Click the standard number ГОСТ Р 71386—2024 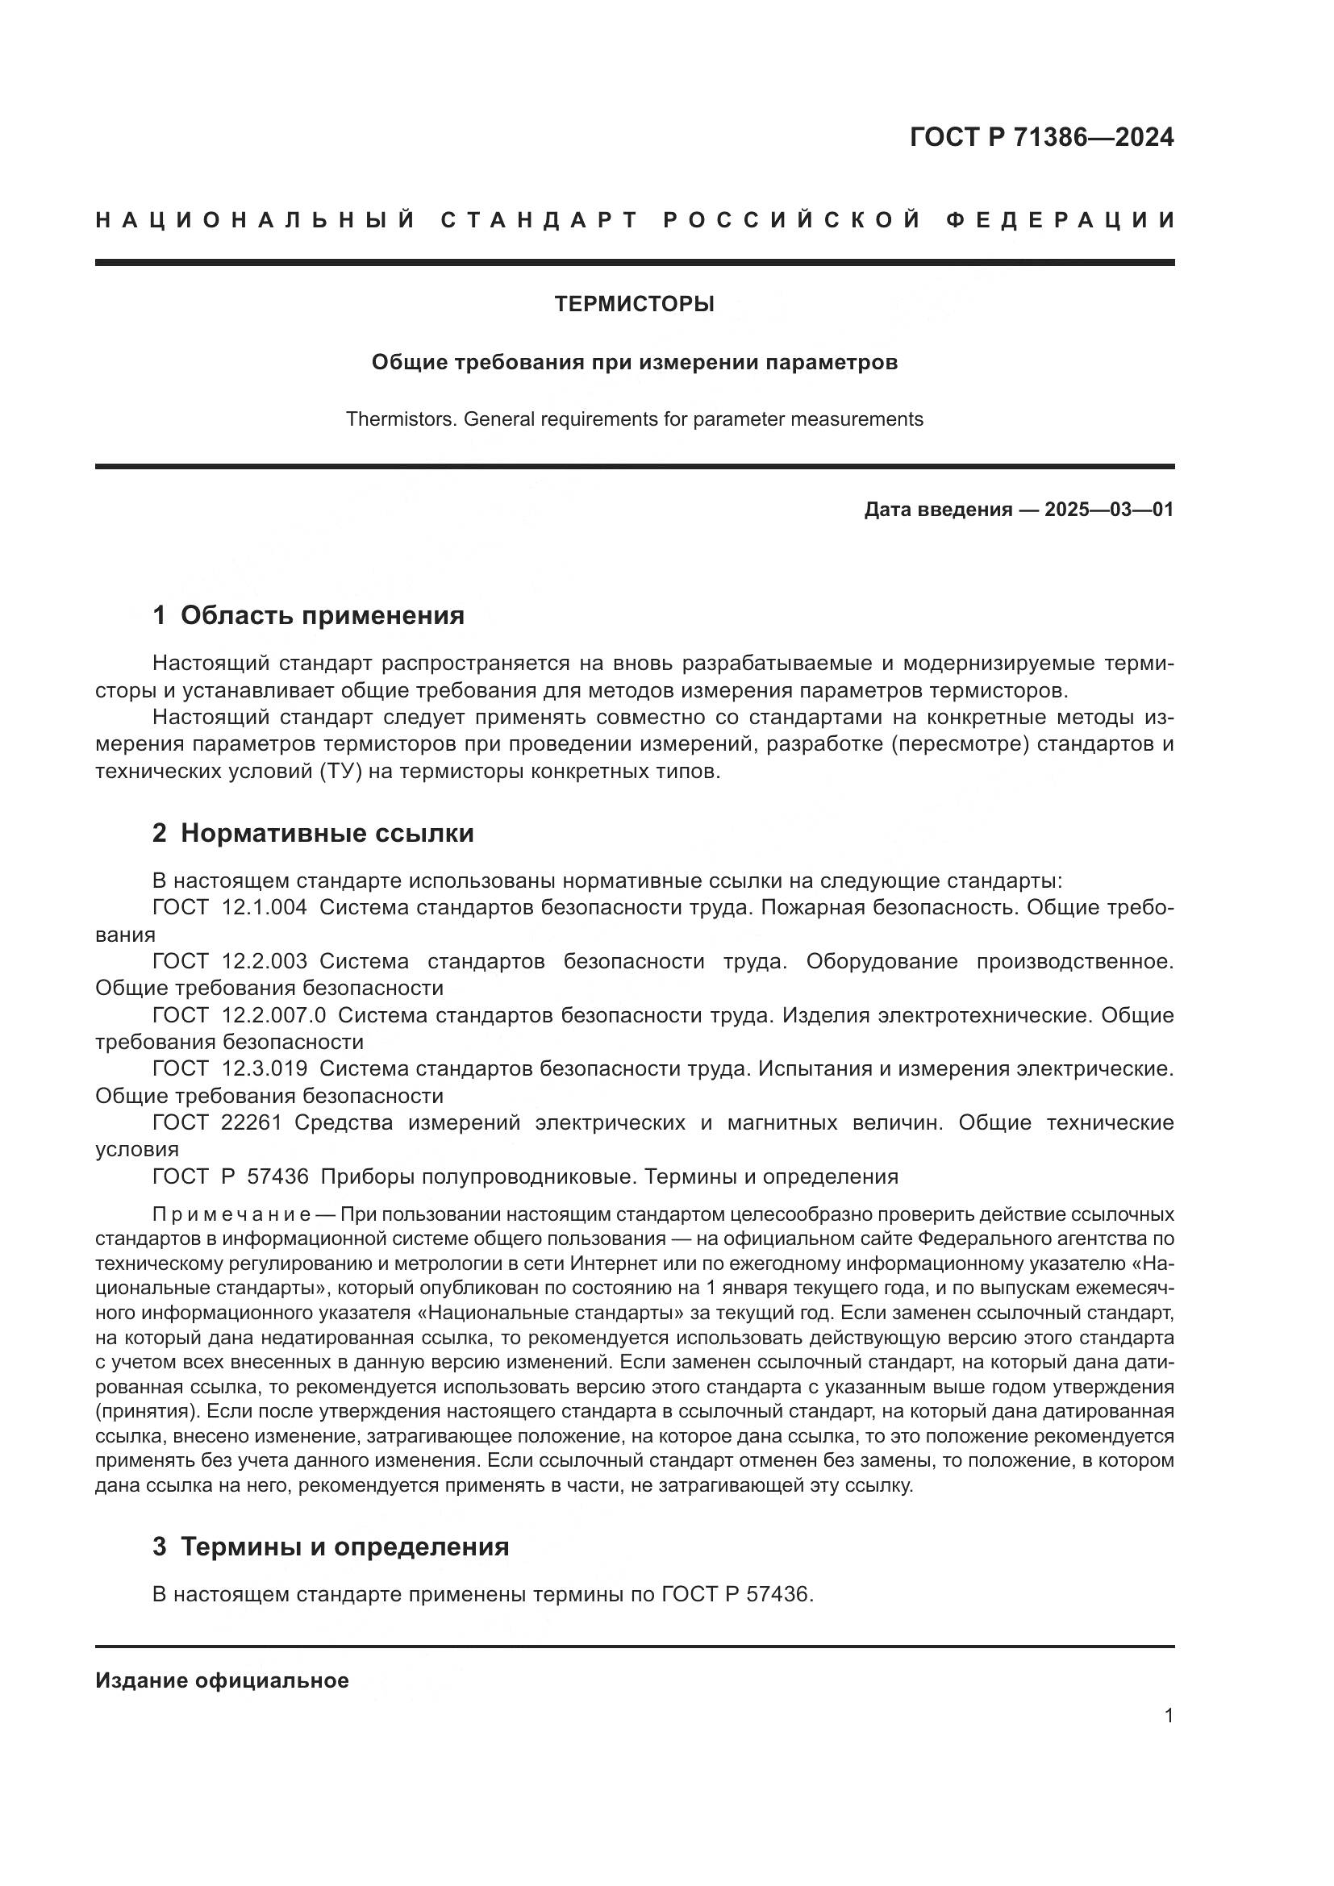(1040, 137)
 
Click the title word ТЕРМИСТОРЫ (634, 304)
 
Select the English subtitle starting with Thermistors (634, 419)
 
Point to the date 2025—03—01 (1109, 510)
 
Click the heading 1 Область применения (308, 614)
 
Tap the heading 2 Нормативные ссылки (313, 833)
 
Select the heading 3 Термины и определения (330, 1547)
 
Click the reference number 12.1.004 (265, 908)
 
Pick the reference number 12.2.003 (265, 961)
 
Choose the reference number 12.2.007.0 (273, 1015)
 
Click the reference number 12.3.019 (265, 1068)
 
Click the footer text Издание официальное (222, 1680)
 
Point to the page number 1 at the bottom (1169, 1715)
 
